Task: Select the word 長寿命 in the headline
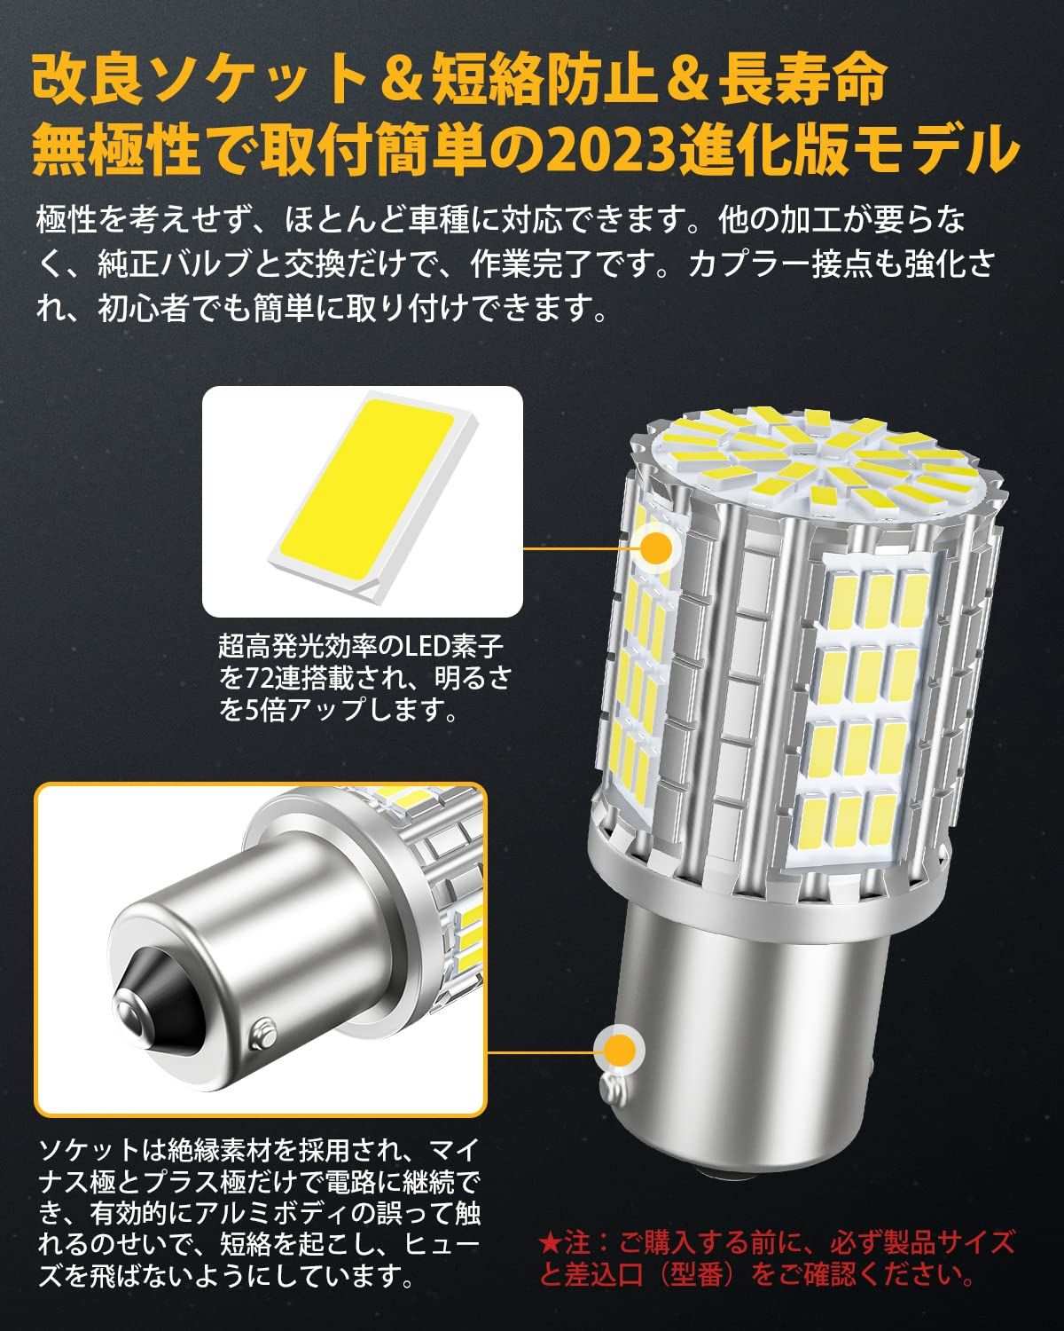tap(802, 79)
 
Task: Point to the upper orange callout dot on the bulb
tap(656, 548)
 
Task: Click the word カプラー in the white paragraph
tap(748, 264)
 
